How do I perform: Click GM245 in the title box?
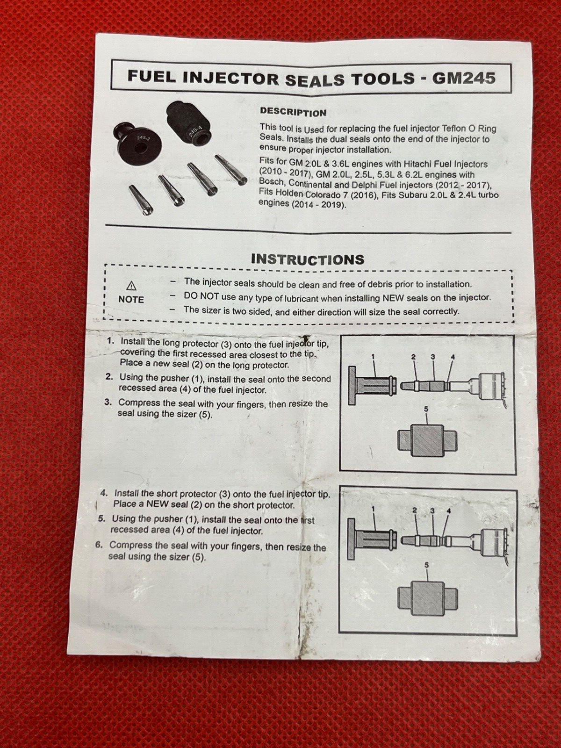point(464,79)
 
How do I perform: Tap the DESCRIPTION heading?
point(293,113)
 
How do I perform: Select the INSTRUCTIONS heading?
point(308,259)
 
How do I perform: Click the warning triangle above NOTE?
point(131,286)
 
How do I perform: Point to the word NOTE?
point(131,300)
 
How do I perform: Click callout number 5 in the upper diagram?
point(426,409)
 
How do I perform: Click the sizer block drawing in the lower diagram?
point(427,598)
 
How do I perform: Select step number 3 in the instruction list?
point(108,402)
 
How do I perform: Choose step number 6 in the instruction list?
point(99,545)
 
